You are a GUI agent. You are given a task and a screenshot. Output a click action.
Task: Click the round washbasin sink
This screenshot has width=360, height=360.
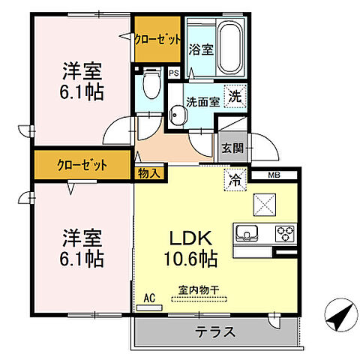coord(177,115)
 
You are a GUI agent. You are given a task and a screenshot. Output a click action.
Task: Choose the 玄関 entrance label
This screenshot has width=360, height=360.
coord(232,148)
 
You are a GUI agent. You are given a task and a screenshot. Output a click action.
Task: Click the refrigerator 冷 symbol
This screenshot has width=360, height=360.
coord(234,180)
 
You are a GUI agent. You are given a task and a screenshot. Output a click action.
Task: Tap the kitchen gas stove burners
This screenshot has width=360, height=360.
coord(284,232)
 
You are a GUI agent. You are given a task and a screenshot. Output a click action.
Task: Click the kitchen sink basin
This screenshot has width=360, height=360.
coord(249,231)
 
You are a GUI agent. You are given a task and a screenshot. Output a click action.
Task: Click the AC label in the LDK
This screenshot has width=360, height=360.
coord(149,298)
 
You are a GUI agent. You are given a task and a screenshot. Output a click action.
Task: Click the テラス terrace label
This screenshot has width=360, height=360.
coord(216,331)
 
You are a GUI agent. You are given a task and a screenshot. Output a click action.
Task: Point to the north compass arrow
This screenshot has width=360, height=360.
coord(340,313)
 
